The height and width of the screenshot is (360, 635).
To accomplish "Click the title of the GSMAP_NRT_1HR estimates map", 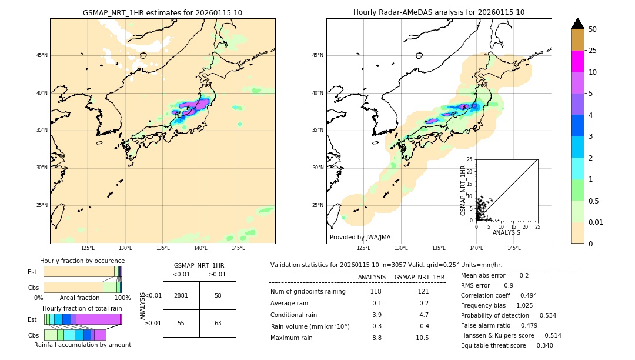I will coord(162,12).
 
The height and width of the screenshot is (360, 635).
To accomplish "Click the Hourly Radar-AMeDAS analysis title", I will coord(439,12).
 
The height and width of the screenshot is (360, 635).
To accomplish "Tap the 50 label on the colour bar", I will coord(593,29).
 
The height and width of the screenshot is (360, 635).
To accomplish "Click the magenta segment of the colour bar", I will coord(578,61).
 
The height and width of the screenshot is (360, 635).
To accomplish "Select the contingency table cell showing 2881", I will coord(181,295).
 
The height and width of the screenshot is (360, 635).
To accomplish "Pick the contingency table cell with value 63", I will coord(218,323).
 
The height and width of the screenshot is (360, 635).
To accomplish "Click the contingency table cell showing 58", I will coord(218,295).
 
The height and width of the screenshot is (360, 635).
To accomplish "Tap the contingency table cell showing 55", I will coord(181,323).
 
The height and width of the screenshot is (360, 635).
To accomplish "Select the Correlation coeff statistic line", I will coord(499,295).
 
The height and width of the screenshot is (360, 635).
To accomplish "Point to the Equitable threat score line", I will coord(506,345).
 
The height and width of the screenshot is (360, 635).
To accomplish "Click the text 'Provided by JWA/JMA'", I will coord(360,237).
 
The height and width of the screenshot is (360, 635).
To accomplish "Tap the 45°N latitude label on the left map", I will coord(42,55).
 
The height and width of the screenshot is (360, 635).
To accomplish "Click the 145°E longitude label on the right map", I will coord(514,248).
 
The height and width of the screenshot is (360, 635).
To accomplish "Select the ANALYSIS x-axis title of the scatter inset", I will coord(506,232).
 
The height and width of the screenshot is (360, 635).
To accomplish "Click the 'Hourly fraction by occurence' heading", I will coord(82,261).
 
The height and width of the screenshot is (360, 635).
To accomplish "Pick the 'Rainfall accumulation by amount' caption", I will coord(82,345).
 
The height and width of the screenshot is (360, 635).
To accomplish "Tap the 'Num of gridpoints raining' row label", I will coord(308,291).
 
